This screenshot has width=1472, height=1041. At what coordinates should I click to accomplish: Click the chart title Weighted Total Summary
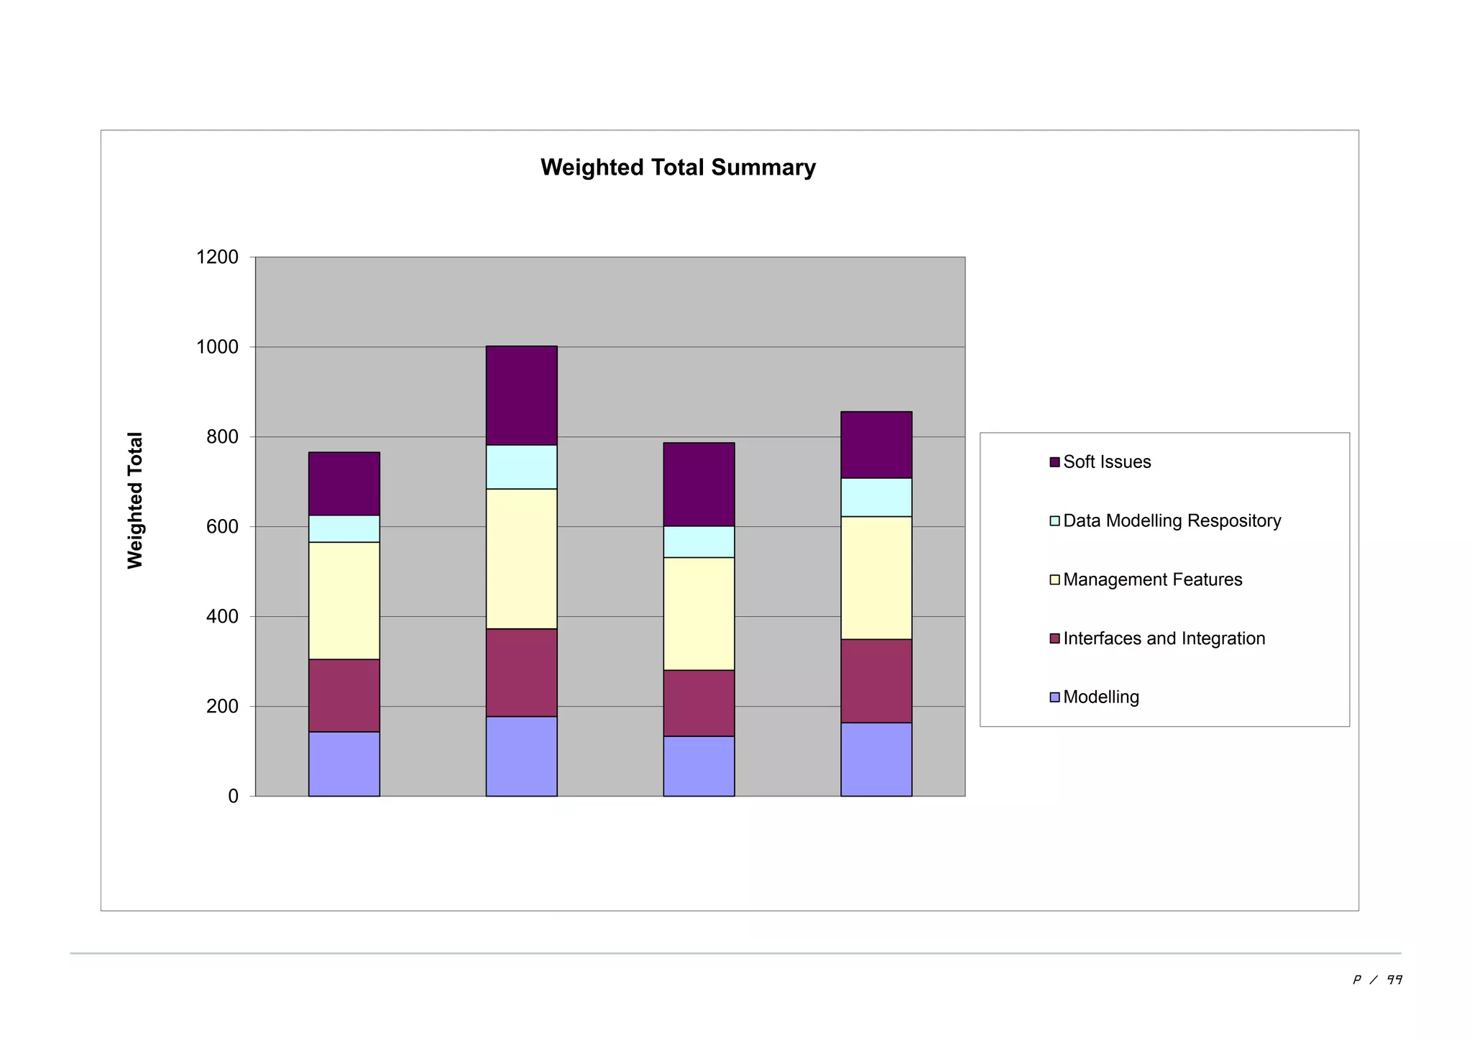pyautogui.click(x=678, y=168)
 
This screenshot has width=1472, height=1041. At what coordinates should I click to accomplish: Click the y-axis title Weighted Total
pyautogui.click(x=135, y=500)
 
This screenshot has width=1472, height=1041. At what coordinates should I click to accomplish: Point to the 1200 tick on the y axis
pyautogui.click(x=217, y=257)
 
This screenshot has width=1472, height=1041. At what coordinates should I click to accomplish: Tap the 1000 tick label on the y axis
pyautogui.click(x=217, y=347)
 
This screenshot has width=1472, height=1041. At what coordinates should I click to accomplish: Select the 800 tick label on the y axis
pyautogui.click(x=222, y=437)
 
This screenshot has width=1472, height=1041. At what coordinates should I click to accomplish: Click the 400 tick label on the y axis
pyautogui.click(x=222, y=617)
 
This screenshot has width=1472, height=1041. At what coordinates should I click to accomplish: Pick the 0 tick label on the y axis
pyautogui.click(x=233, y=797)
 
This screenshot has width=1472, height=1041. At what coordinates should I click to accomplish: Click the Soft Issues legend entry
pyautogui.click(x=1106, y=462)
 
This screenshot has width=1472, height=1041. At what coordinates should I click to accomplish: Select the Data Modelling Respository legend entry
pyautogui.click(x=1171, y=521)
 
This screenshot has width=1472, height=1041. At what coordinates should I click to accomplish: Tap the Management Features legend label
pyautogui.click(x=1152, y=580)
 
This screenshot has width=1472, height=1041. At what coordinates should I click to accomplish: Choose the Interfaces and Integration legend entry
pyautogui.click(x=1163, y=639)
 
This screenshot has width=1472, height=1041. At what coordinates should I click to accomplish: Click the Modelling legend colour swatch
pyautogui.click(x=1054, y=697)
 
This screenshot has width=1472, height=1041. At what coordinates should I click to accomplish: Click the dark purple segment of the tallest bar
pyautogui.click(x=521, y=395)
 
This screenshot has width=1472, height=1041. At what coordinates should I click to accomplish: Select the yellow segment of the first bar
pyautogui.click(x=344, y=600)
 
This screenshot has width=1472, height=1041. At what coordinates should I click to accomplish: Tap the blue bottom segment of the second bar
pyautogui.click(x=521, y=756)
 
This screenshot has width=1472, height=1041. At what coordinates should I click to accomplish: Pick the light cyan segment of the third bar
pyautogui.click(x=699, y=542)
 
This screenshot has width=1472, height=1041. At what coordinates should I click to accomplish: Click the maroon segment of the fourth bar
pyautogui.click(x=876, y=681)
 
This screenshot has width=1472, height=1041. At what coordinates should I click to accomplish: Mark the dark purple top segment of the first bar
pyautogui.click(x=344, y=484)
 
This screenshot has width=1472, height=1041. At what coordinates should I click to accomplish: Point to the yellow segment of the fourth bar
pyautogui.click(x=876, y=578)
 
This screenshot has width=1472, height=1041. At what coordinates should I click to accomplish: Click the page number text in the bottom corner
pyautogui.click(x=1377, y=980)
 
